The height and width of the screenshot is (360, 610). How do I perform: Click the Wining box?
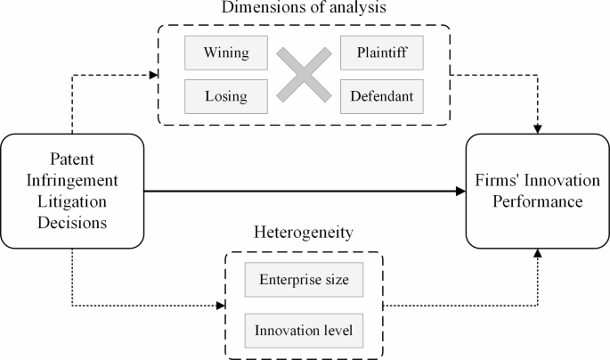tap(226, 53)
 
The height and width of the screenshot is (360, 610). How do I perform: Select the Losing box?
tap(226, 95)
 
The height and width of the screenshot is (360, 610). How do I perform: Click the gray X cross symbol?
tap(305, 74)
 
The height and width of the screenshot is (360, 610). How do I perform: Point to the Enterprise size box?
tap(305, 282)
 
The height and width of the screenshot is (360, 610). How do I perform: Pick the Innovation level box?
tap(305, 331)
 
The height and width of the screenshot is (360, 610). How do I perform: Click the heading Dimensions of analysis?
tap(305, 10)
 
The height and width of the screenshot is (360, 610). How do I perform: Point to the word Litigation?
tap(71, 199)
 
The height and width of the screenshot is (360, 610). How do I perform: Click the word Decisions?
tap(71, 220)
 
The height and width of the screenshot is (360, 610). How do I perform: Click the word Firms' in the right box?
tap(500, 182)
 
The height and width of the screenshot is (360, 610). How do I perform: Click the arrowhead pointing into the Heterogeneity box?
tap(223, 307)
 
